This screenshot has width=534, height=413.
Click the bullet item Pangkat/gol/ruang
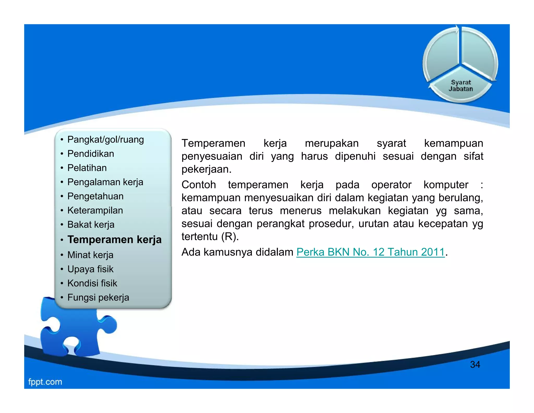[x=106, y=140]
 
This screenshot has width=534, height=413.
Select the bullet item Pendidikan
[x=91, y=154]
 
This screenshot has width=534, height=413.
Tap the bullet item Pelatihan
[x=87, y=168]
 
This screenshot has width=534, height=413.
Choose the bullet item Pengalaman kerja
[x=105, y=182]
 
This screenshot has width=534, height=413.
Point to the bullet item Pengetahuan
[x=95, y=196]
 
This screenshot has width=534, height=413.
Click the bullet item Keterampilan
[x=95, y=210]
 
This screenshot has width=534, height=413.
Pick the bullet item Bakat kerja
[x=91, y=225]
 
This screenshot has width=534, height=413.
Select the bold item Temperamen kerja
[x=114, y=239]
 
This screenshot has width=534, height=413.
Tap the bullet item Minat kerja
[x=90, y=255]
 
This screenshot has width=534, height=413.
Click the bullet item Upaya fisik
[x=90, y=269]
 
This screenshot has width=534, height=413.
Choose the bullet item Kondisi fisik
[x=92, y=283]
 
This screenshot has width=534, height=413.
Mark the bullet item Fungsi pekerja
[x=98, y=297]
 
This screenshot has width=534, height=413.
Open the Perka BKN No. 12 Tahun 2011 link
[x=370, y=252]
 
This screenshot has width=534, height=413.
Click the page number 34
[x=475, y=364]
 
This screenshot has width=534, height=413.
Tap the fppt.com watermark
[x=45, y=382]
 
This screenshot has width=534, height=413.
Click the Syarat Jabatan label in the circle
[x=461, y=86]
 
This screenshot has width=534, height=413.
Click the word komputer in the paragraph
[x=446, y=185]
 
